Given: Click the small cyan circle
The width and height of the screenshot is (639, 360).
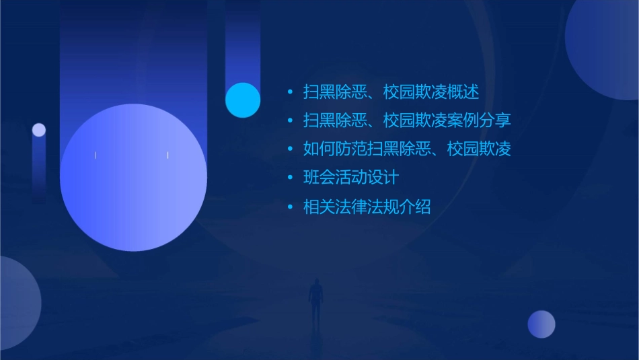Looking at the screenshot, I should [243, 100].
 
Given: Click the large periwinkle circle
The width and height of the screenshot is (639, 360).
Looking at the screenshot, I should [133, 178].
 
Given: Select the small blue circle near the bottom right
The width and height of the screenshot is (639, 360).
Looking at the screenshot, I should [541, 324].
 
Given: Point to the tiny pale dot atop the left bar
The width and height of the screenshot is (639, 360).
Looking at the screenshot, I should [39, 130].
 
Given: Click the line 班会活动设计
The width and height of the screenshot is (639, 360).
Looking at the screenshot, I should [351, 178].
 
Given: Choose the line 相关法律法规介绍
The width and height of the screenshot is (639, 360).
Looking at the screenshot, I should [367, 207].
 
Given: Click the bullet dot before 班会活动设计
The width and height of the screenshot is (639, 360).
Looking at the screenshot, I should [290, 178].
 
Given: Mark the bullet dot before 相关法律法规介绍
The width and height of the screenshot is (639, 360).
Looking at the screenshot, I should [290, 207].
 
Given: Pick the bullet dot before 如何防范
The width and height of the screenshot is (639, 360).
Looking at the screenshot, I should [290, 149].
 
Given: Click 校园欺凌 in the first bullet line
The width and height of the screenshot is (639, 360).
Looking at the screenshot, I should [415, 92].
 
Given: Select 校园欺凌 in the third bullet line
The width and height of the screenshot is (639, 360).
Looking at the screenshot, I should [479, 149].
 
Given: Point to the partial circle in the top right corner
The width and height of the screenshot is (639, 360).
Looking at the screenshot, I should [605, 44].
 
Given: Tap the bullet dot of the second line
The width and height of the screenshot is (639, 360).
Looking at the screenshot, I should [290, 121].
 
